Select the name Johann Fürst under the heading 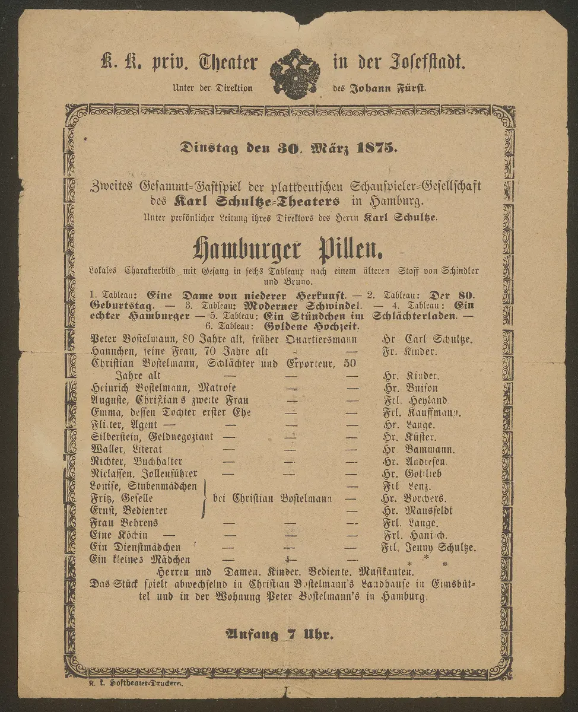tap(386, 88)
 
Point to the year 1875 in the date tap(375, 148)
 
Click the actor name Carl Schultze tap(438, 339)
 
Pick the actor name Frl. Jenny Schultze tap(428, 548)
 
